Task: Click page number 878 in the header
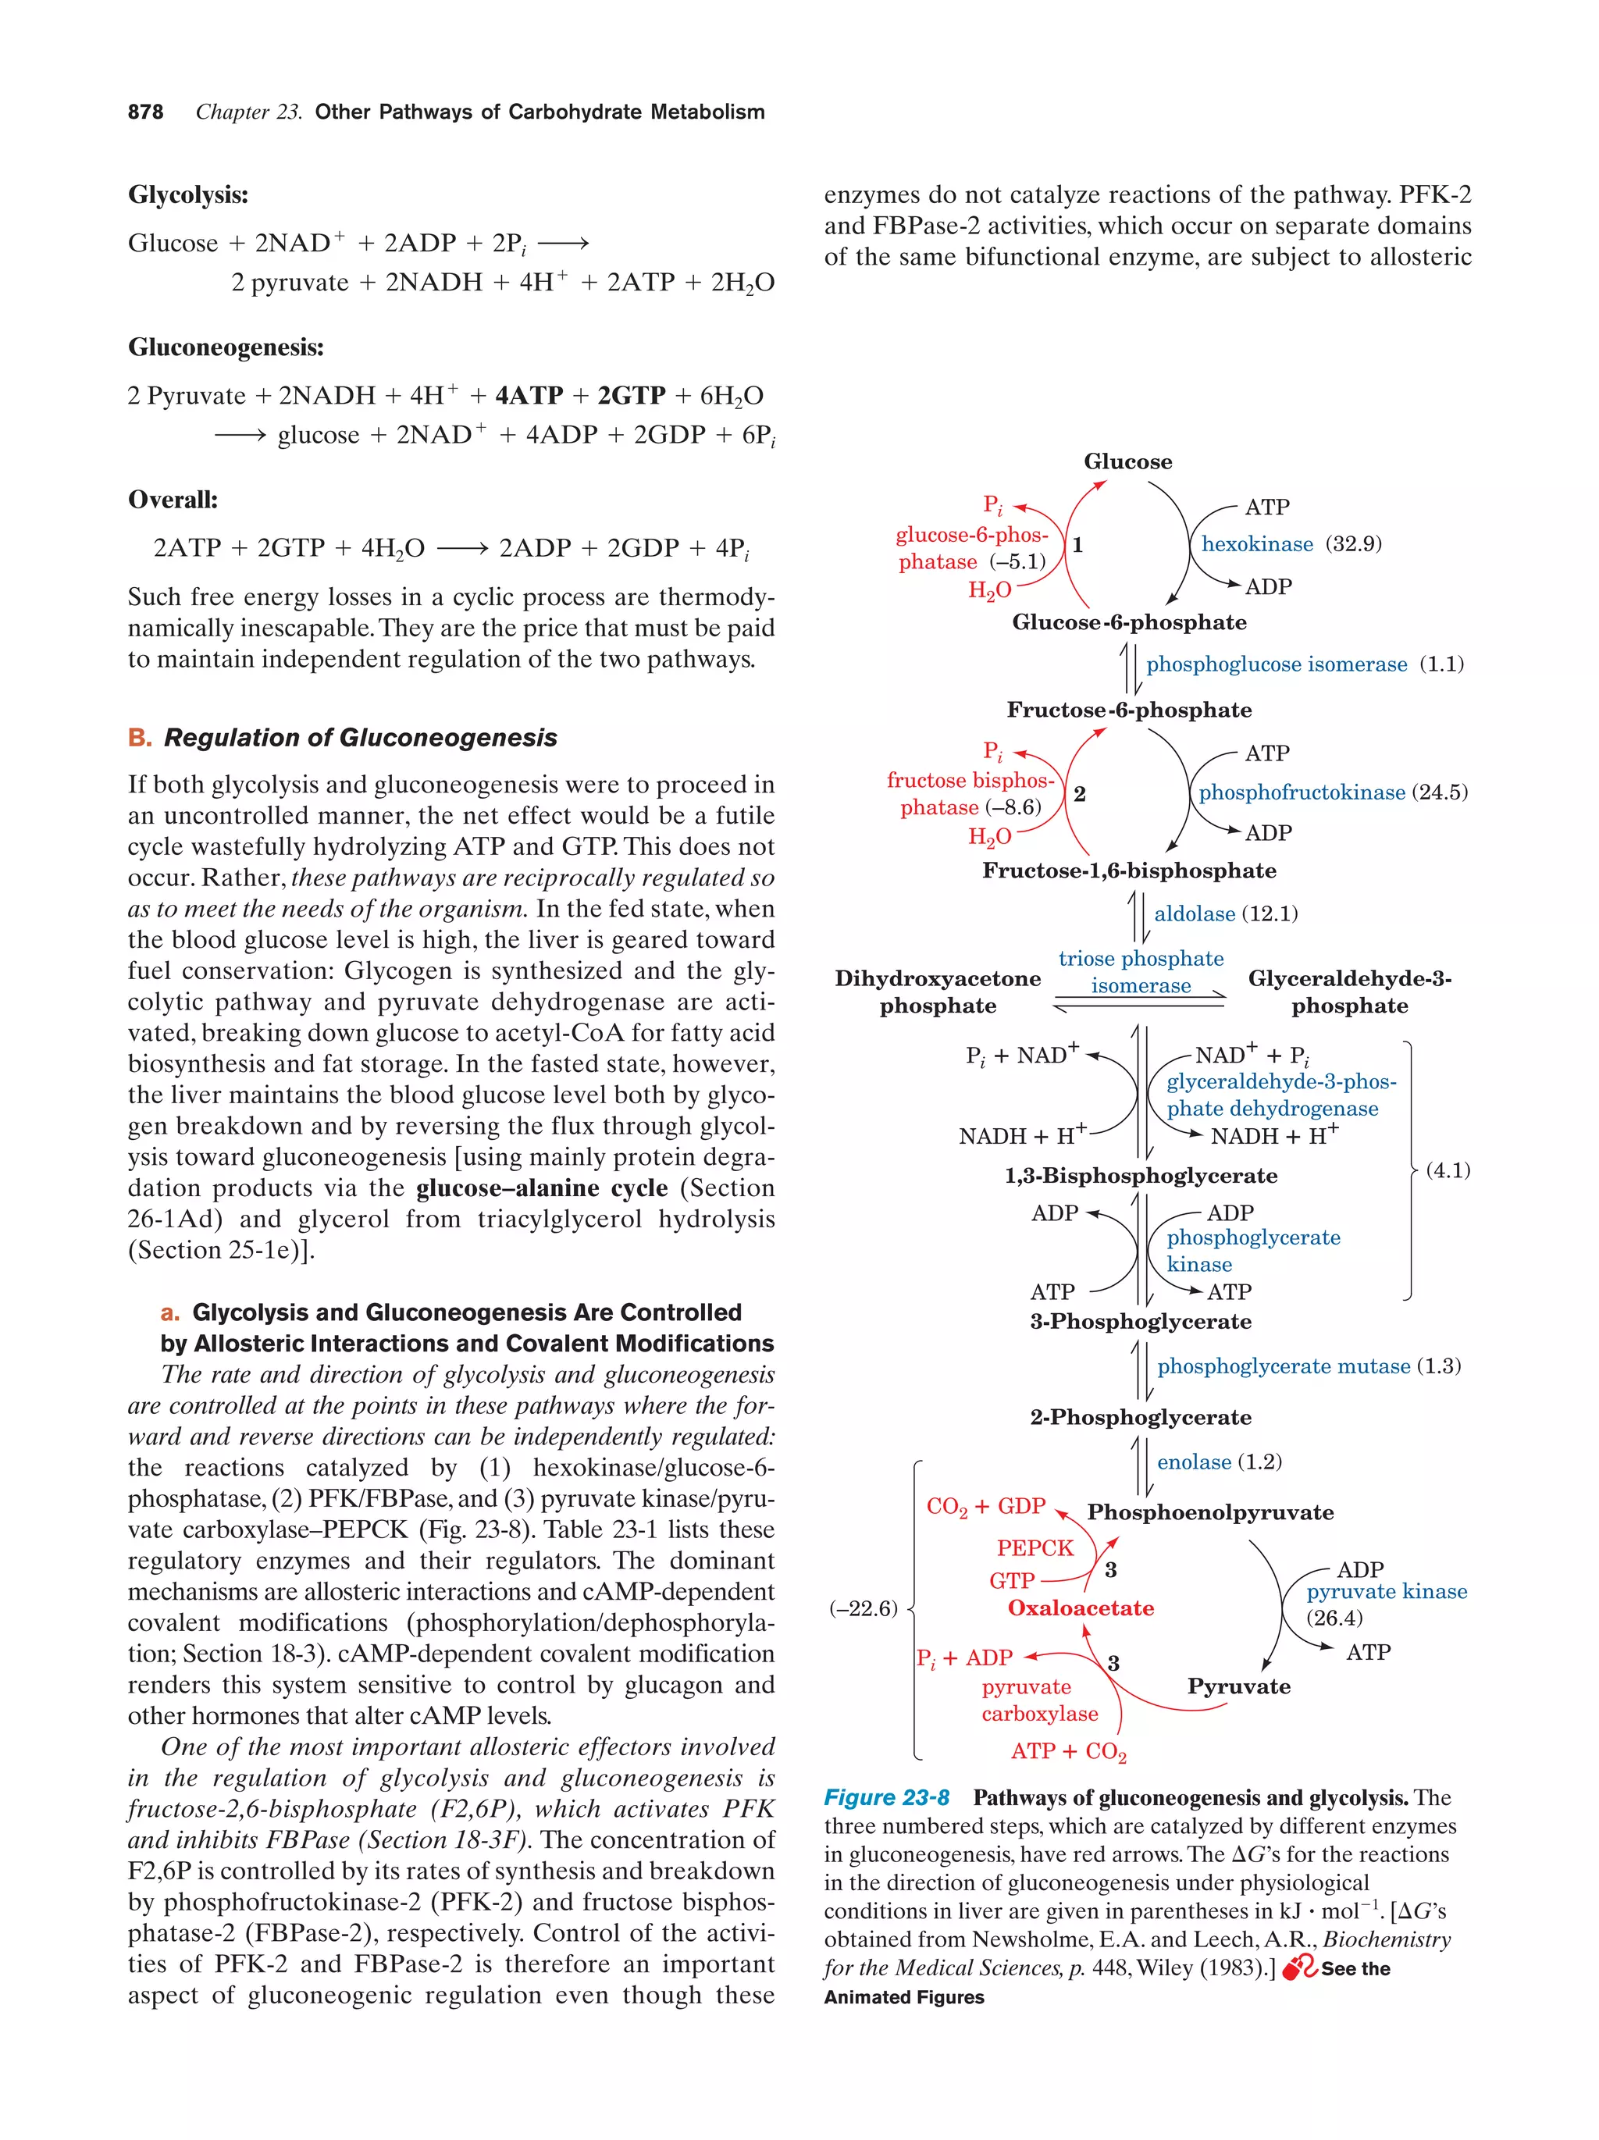coord(145,112)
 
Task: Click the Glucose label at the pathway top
coord(1127,461)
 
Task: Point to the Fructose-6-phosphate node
coord(1129,710)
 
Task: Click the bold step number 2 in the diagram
coord(1080,794)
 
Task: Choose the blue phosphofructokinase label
coord(1301,792)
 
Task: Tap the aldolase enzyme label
coord(1194,913)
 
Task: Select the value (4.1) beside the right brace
coord(1447,1170)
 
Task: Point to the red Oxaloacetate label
coord(1081,1608)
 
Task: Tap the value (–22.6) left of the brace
coord(863,1608)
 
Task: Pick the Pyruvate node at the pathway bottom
coord(1238,1686)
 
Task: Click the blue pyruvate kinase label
coord(1386,1591)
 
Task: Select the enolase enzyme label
coord(1194,1462)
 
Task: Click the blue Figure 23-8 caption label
coord(886,1797)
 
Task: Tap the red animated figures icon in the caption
coord(1299,1967)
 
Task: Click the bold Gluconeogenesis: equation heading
coord(226,347)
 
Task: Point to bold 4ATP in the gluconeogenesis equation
coord(528,396)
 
